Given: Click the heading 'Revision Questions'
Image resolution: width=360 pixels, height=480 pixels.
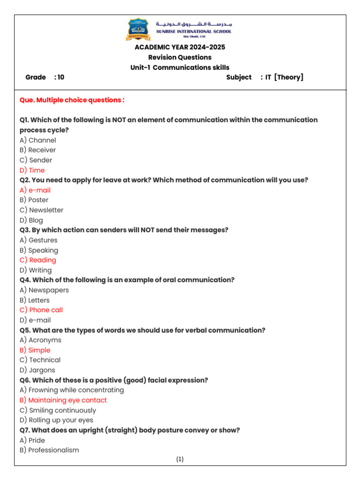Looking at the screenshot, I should tap(180, 57).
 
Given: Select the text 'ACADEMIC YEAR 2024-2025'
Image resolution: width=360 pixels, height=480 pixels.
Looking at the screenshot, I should tap(180, 47).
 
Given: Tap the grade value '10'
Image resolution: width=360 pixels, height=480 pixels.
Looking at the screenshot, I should tap(60, 77).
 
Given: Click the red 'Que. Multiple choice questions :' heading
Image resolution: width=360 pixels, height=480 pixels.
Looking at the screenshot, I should tap(72, 100).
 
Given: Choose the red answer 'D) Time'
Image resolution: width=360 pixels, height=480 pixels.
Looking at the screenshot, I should tap(32, 170).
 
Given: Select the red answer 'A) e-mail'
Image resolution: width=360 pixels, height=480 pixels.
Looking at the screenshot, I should tap(35, 190).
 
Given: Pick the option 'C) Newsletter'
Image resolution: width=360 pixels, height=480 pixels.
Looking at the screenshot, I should tap(41, 210).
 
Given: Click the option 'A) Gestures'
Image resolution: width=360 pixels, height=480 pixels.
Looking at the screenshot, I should tap(38, 240).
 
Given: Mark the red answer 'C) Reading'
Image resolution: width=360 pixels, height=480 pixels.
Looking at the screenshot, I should tap(38, 260).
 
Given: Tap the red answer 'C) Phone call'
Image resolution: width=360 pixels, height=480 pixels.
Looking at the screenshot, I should tap(41, 310).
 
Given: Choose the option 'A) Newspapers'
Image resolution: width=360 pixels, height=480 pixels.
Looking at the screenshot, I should tap(44, 290).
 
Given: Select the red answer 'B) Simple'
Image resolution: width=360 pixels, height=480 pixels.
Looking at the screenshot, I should tap(35, 350).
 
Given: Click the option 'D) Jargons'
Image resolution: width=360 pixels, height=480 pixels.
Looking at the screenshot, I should tap(37, 370).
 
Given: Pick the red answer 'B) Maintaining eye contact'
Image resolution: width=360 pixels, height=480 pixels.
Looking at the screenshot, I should tap(63, 400).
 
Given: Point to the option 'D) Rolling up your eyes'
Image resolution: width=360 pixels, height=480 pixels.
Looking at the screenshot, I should tap(56, 420).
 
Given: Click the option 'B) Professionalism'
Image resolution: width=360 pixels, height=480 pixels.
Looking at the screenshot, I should tap(49, 450).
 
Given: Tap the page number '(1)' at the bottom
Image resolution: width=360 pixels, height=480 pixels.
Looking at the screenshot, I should tap(180, 459).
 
